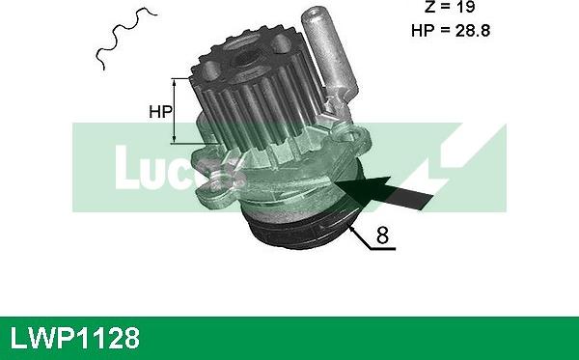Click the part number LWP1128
coord(75,338)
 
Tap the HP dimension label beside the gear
coord(159,111)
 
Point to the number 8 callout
coord(382,235)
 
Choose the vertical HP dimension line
coord(175,110)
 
